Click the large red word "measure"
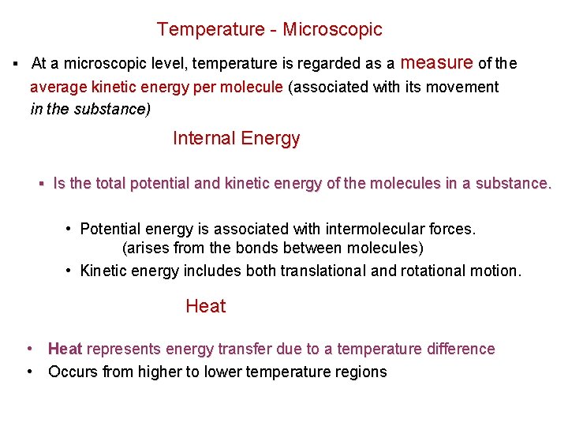click(437, 62)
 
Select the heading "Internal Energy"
click(236, 139)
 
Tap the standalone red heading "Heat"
click(205, 306)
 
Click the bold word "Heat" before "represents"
click(65, 349)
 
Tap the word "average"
click(54, 87)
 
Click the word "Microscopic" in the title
click(332, 30)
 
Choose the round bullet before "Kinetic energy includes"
click(69, 271)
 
